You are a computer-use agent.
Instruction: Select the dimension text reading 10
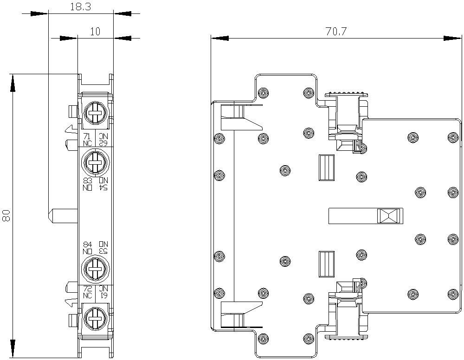pos(95,32)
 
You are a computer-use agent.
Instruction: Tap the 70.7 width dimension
pos(336,32)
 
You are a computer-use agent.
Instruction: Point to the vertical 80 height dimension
pos(6,215)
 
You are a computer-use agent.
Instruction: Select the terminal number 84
pos(87,244)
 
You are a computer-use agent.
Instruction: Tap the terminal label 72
pos(87,289)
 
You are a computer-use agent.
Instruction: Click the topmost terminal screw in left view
pos(95,112)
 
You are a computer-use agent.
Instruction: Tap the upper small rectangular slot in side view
pos(327,167)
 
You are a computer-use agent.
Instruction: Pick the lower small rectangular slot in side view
pos(327,264)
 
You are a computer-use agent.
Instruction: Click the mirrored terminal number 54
pos(103,187)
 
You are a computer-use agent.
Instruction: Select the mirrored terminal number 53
pos(103,251)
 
